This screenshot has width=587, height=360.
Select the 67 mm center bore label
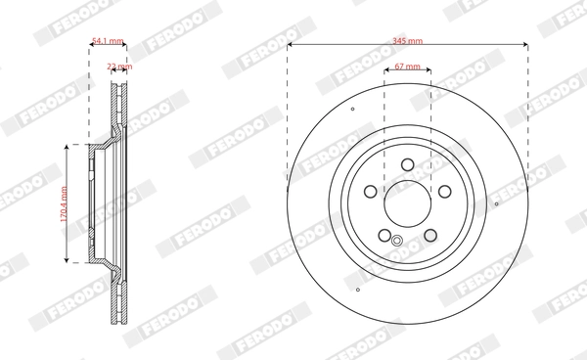tap(409, 67)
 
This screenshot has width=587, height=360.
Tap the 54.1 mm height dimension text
tap(108, 42)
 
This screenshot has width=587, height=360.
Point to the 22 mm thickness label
tap(118, 67)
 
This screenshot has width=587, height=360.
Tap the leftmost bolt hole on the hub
tap(371, 192)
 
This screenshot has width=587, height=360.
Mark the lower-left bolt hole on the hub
tap(384, 235)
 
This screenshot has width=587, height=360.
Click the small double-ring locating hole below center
tap(397, 242)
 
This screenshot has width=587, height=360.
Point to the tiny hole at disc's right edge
tap(498, 203)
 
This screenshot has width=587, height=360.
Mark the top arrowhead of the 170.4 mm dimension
tap(68, 146)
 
